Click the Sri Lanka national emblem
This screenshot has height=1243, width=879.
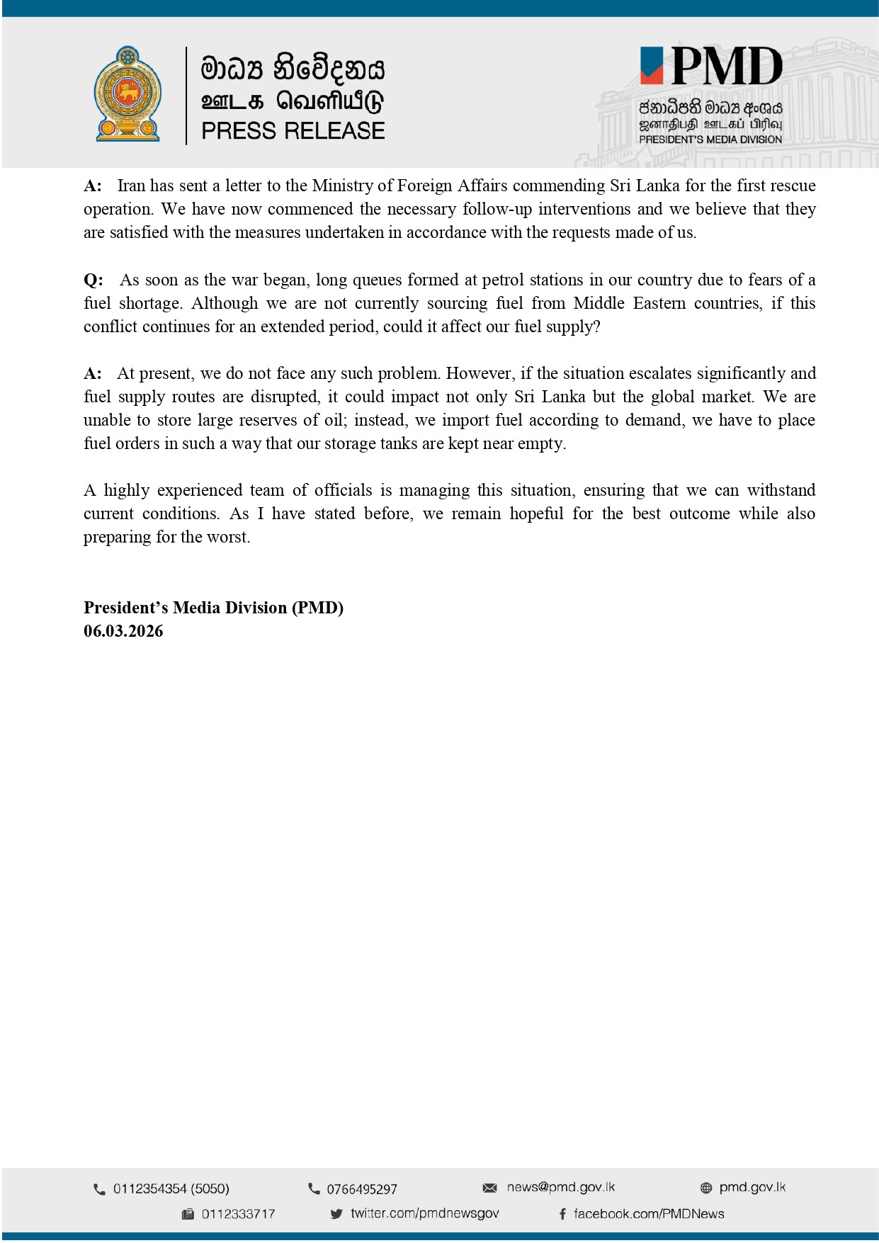[x=127, y=94]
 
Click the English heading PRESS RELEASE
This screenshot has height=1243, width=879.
[x=293, y=131]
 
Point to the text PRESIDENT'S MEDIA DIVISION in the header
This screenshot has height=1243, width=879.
[x=710, y=140]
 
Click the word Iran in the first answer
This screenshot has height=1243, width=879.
[x=131, y=186]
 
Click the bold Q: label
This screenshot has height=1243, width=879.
[x=93, y=280]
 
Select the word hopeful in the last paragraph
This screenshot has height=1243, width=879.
[x=536, y=513]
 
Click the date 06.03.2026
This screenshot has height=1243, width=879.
[x=123, y=631]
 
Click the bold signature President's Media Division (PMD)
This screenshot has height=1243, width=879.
[x=213, y=608]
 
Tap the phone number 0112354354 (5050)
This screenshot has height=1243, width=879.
[x=171, y=1188]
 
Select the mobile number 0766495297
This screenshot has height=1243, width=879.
[x=361, y=1189]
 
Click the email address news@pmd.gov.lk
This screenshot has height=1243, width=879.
[x=560, y=1187]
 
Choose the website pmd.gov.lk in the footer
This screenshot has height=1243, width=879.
[x=752, y=1187]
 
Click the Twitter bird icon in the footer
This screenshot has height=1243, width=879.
[x=336, y=1213]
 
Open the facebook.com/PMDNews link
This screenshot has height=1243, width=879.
[x=648, y=1213]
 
